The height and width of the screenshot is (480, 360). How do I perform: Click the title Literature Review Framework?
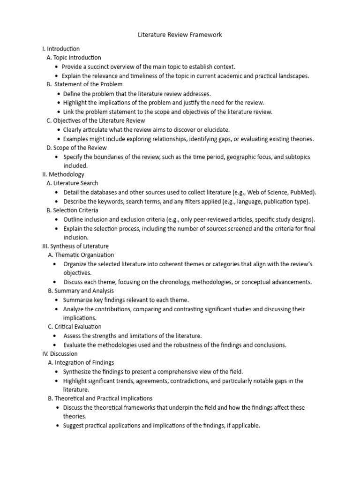coord(180,35)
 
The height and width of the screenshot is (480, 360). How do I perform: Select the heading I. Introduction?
coord(61,49)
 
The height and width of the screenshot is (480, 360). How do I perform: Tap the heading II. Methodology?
coord(63,174)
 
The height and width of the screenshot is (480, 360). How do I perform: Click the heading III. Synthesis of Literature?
coord(75,246)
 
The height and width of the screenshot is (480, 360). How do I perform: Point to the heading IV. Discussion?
coord(60,354)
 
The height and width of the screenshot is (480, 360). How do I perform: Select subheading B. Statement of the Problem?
coord(84,84)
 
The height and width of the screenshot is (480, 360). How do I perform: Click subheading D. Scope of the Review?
coord(77,148)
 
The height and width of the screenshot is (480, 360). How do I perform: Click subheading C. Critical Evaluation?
coord(75,327)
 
